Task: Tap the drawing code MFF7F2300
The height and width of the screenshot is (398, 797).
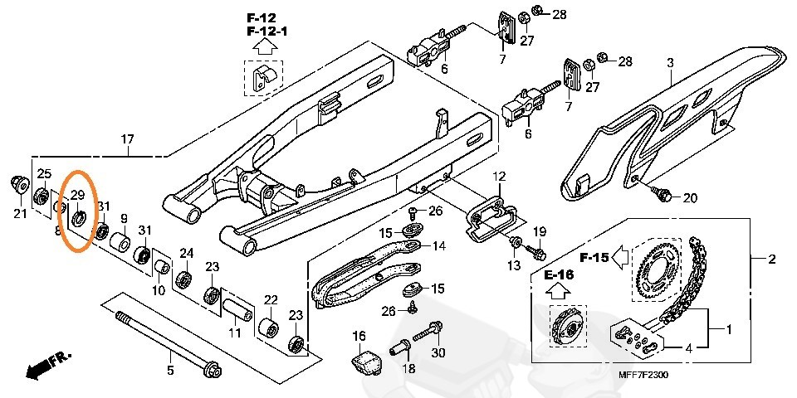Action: point(643,375)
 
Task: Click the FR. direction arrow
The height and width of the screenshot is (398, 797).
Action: point(49,366)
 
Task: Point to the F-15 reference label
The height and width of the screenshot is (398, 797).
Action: point(594,258)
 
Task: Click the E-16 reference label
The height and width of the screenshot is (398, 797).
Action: point(559,275)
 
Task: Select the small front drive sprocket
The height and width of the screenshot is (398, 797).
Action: point(568,328)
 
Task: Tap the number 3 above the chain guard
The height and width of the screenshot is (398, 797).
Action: point(670,64)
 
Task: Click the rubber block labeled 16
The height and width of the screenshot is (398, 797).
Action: point(366,359)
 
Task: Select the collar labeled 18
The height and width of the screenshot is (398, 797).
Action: point(399,348)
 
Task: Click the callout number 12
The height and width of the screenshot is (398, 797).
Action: point(499,177)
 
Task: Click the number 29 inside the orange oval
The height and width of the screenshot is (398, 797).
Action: point(76,195)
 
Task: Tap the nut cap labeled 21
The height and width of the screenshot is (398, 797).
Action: point(20,185)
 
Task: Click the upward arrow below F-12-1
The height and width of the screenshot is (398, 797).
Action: point(264,48)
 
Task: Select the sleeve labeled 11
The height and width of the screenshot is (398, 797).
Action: point(237,308)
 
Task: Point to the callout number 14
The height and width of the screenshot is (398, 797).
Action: point(439,246)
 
